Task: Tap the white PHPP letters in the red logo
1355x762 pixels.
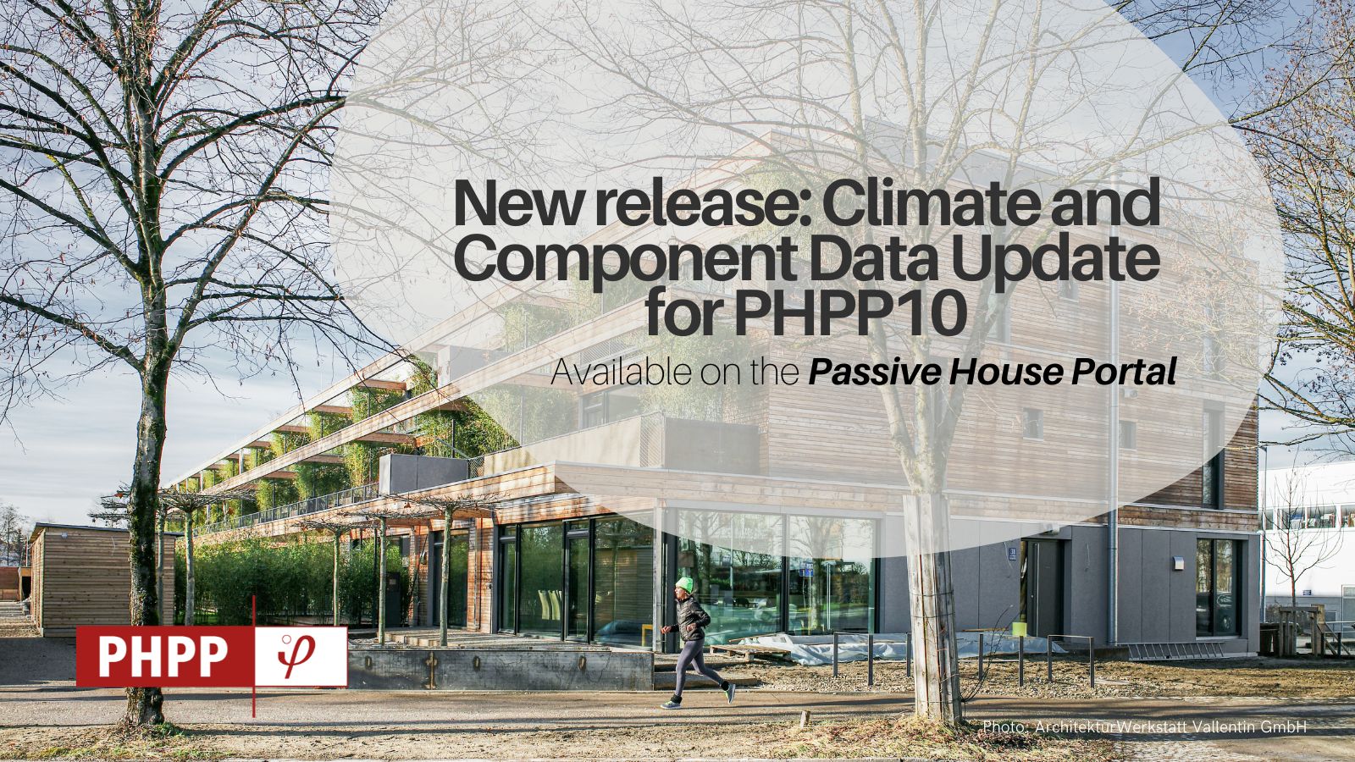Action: [x=162, y=657]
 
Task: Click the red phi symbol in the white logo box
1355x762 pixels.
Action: [x=296, y=655]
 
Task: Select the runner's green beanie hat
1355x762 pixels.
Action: [x=684, y=584]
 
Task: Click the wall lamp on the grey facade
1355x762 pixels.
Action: [x=1179, y=563]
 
